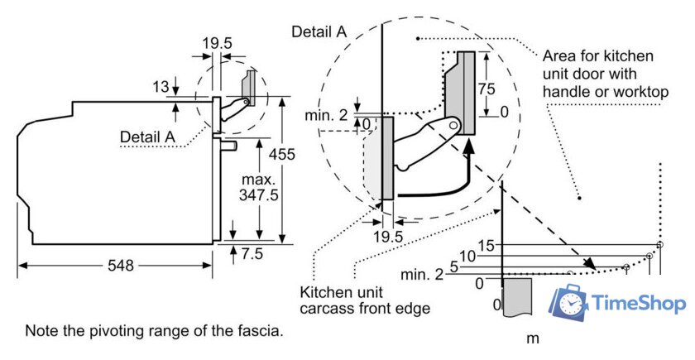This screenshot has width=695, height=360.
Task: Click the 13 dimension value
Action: (x=160, y=85)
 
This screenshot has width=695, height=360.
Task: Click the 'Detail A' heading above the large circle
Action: (x=319, y=31)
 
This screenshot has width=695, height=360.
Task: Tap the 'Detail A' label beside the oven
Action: (x=148, y=136)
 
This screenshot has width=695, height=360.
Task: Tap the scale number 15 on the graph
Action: (x=486, y=245)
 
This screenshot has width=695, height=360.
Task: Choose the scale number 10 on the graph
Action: (x=467, y=257)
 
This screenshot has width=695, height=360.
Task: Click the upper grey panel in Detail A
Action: (x=464, y=94)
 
